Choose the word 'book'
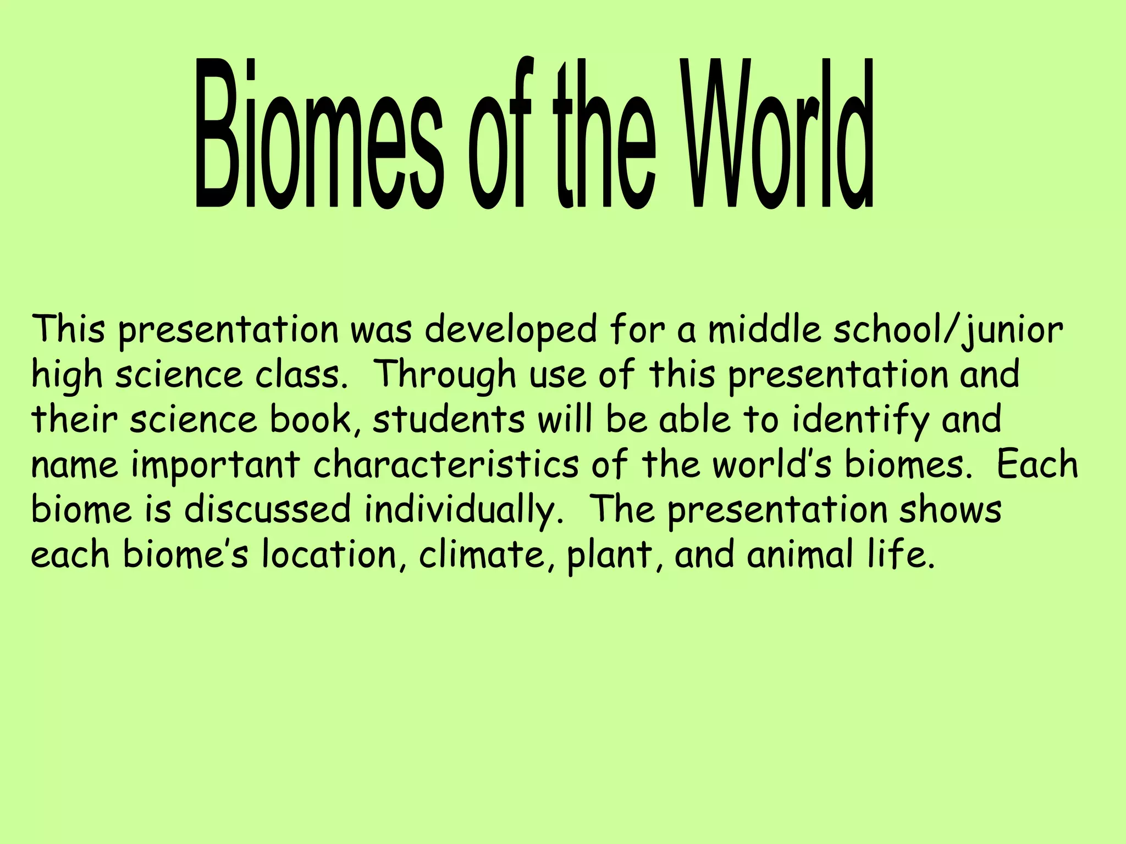click(x=314, y=420)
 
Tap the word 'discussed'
click(x=267, y=509)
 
